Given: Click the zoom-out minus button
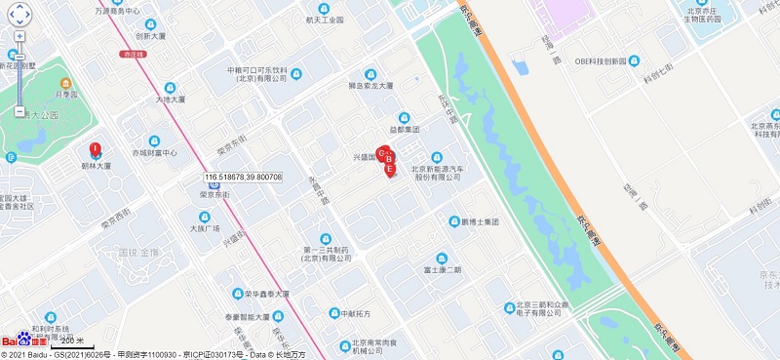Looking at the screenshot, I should coord(19,112).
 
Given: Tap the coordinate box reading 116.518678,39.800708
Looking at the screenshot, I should coord(243,177).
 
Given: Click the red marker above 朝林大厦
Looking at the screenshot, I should coord(96,150).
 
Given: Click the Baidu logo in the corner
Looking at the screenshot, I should coord(23,341).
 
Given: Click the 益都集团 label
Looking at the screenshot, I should coord(404,129).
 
